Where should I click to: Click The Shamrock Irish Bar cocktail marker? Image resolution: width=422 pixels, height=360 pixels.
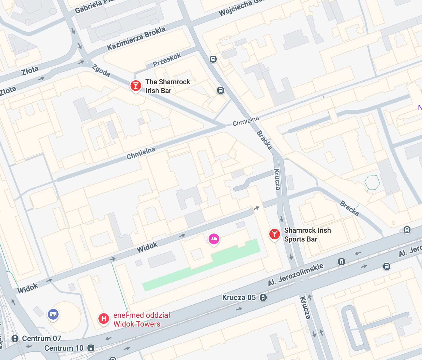pyautogui.click(x=136, y=86)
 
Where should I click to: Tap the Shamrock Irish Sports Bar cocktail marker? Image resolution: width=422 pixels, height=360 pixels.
pyautogui.click(x=274, y=234)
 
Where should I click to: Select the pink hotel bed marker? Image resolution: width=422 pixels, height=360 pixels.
pyautogui.click(x=214, y=239)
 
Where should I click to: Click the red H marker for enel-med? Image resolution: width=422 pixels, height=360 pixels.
pyautogui.click(x=104, y=319)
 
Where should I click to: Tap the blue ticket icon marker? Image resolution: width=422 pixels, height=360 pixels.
pyautogui.click(x=53, y=314)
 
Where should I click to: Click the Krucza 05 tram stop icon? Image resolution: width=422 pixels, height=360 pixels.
pyautogui.click(x=263, y=297)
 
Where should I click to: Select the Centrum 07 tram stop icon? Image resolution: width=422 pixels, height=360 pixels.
pyautogui.click(x=15, y=339)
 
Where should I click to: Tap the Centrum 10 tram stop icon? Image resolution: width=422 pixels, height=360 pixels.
pyautogui.click(x=91, y=348)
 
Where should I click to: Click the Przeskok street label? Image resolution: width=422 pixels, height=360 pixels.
pyautogui.click(x=167, y=60)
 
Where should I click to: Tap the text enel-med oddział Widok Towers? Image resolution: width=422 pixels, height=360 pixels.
pyautogui.click(x=141, y=320)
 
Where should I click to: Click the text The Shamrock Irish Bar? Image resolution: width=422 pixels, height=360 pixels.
pyautogui.click(x=168, y=86)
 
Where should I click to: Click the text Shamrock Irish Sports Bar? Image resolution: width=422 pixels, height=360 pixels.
pyautogui.click(x=307, y=235)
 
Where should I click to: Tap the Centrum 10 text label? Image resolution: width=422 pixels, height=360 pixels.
pyautogui.click(x=64, y=348)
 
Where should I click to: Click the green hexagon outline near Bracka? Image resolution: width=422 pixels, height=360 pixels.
pyautogui.click(x=372, y=183)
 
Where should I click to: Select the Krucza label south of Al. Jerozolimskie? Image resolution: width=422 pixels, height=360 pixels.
pyautogui.click(x=305, y=308)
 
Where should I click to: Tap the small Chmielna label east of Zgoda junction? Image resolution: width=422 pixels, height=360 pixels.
pyautogui.click(x=245, y=121)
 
